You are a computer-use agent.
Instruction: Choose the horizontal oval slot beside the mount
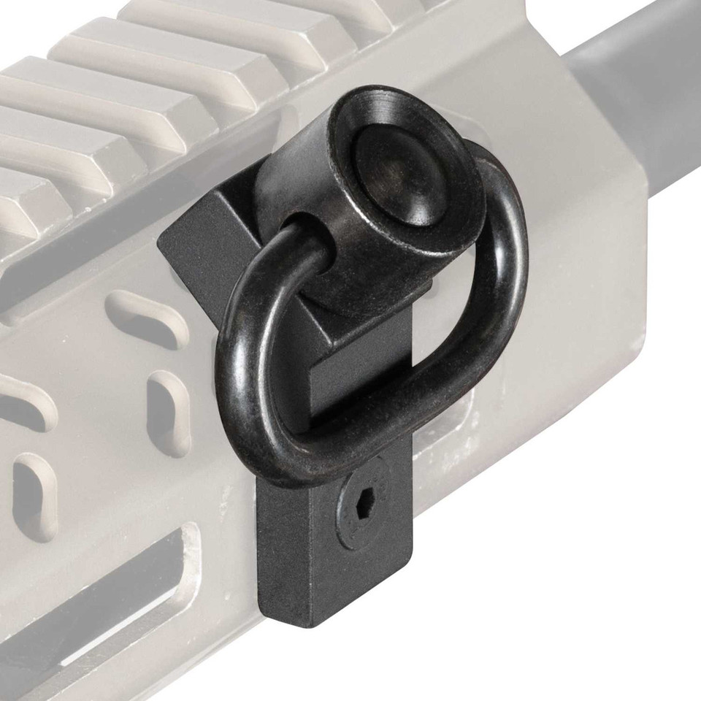click(146, 318)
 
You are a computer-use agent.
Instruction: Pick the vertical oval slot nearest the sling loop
click(169, 413)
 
